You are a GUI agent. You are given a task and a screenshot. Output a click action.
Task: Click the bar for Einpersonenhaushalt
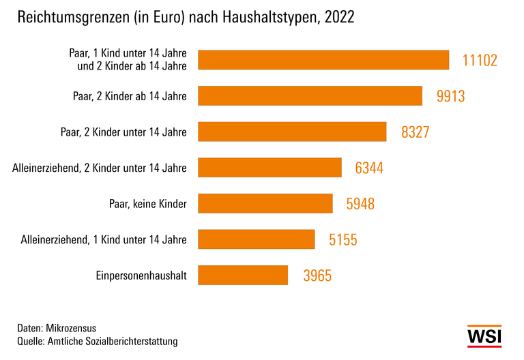243,275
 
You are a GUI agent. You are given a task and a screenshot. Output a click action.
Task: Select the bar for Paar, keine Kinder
265,203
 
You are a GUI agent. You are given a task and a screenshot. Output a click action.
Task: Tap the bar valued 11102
323,60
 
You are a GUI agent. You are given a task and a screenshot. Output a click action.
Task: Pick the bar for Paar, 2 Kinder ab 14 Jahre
310,96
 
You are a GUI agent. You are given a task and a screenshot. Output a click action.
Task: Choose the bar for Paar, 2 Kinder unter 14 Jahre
292,132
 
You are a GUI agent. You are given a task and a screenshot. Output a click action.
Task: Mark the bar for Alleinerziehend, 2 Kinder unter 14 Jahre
270,168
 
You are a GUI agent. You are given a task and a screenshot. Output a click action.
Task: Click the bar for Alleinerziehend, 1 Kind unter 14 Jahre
257,239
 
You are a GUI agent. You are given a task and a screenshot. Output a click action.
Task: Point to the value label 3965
318,275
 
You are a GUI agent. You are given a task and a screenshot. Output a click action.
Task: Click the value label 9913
450,96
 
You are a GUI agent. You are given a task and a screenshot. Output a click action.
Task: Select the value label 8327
415,132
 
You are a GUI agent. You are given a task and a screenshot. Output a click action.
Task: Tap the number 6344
369,168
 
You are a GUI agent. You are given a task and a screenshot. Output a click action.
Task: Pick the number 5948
360,204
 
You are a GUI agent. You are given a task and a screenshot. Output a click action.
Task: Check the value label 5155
343,239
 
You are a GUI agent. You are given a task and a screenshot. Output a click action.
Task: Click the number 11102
480,61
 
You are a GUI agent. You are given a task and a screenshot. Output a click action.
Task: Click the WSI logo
484,337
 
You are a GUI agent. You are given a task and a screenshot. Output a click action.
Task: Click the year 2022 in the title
340,18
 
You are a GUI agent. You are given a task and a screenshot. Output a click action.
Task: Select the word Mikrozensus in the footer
74,327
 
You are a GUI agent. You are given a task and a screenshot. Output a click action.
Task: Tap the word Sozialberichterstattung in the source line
134,340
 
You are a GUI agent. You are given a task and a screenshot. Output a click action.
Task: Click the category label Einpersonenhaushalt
142,275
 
